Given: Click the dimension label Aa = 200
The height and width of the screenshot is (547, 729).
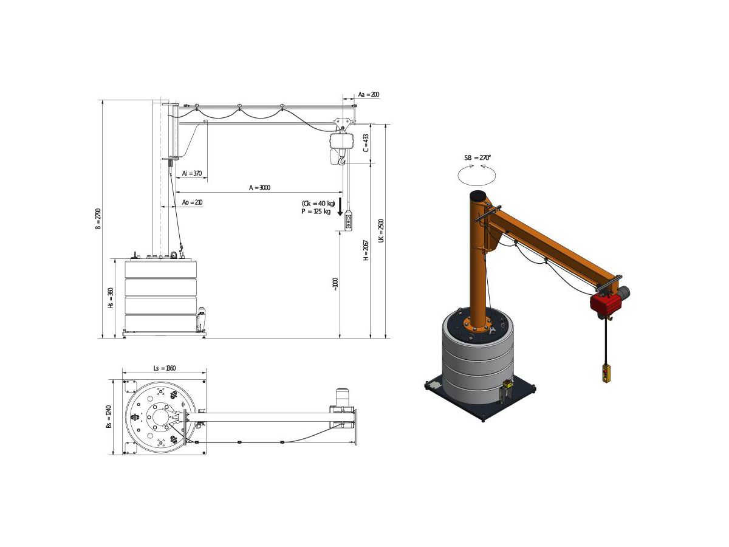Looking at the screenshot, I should coord(369,95).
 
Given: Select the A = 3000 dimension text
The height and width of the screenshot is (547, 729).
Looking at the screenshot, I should coord(260,188).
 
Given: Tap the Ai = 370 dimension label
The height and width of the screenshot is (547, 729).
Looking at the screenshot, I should coord(191,174).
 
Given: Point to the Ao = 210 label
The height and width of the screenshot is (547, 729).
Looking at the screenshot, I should coord(192,202).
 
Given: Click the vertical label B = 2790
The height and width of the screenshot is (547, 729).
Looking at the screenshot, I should coord(98,219).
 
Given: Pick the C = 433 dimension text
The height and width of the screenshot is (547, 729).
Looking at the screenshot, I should coord(366,143).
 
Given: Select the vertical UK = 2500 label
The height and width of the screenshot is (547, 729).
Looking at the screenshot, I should coord(381,231).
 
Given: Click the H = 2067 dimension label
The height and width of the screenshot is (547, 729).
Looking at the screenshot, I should coord(366,250).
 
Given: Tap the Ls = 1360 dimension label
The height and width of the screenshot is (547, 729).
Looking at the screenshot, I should coord(164,368).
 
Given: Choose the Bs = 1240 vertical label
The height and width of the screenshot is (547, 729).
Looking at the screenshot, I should coord(109,417).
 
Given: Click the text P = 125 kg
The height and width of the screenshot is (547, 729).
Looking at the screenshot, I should coord(316,212).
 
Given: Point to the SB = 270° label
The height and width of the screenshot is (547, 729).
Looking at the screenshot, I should coord(477,158).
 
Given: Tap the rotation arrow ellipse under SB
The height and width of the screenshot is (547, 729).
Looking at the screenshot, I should coord(477,176).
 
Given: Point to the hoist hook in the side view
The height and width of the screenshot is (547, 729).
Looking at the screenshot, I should coord(343,160).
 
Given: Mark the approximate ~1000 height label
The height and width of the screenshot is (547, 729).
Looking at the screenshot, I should coord(335,284).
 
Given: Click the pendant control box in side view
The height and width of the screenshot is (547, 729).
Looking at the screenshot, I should coord(347,221).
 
